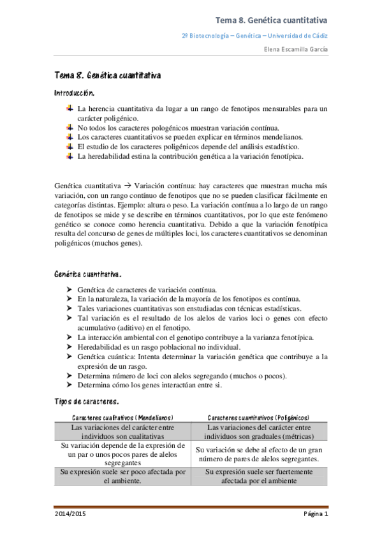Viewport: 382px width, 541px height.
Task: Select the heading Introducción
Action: coord(75,93)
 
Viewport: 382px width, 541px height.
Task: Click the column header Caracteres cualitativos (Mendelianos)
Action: coord(122,417)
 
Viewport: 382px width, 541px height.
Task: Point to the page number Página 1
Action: coord(315,514)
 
